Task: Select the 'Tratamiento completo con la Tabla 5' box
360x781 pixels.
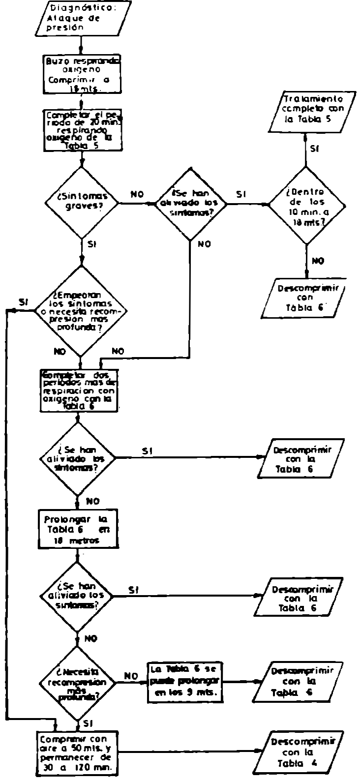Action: pyautogui.click(x=312, y=110)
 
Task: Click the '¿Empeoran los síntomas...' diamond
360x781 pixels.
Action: pyautogui.click(x=82, y=311)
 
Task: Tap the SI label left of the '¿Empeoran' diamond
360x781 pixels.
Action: pyautogui.click(x=24, y=301)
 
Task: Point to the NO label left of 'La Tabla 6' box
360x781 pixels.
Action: pyautogui.click(x=130, y=675)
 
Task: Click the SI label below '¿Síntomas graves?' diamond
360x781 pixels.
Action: pyautogui.click(x=91, y=244)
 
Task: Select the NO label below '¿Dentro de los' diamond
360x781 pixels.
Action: pyautogui.click(x=318, y=261)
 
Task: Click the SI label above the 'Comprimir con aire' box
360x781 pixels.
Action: pyautogui.click(x=89, y=722)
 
